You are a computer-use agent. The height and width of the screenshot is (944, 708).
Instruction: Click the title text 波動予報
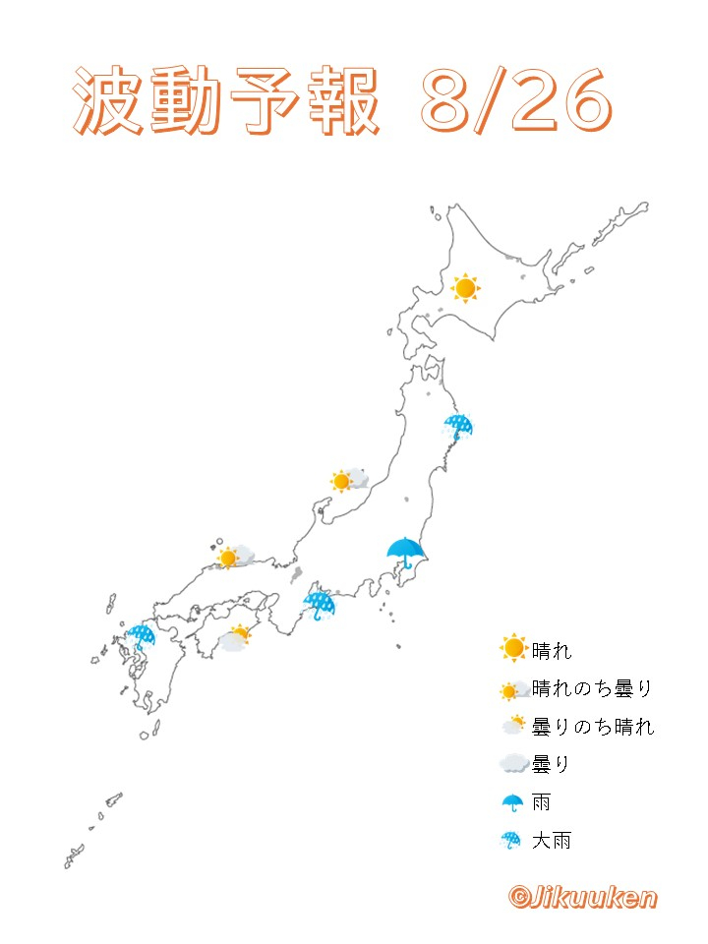coord(226,103)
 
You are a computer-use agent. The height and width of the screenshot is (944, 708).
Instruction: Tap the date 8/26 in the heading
coord(513,103)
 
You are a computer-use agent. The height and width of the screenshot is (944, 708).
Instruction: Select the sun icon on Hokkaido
coord(465,288)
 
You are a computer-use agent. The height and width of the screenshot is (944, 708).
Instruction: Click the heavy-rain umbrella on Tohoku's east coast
coord(457,427)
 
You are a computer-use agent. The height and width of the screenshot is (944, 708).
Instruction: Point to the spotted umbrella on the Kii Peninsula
coord(319,603)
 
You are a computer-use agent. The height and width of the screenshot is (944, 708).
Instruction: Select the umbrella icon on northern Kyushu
coord(142,636)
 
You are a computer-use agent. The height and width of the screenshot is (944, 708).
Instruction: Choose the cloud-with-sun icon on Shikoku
coord(235,637)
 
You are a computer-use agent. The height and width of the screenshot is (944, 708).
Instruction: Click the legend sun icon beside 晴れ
coord(513,650)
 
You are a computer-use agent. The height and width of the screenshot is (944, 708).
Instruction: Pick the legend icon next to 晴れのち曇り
coord(513,689)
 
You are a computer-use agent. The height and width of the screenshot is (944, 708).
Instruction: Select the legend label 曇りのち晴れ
coord(592,727)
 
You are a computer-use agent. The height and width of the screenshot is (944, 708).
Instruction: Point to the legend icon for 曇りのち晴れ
coord(513,727)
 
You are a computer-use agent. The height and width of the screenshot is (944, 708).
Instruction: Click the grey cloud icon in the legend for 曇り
coord(513,764)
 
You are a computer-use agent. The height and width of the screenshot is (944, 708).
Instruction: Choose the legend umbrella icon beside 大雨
coord(512,841)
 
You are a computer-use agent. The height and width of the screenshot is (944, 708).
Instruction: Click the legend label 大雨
coord(551,841)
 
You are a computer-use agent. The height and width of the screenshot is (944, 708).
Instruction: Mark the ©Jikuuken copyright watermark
coord(582,897)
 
